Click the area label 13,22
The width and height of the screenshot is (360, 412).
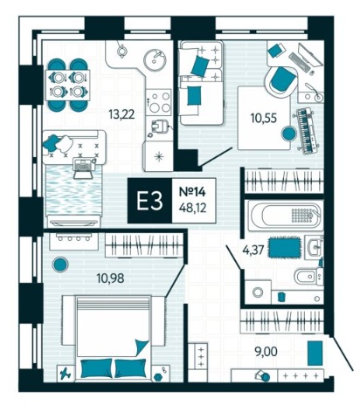[x=121, y=114]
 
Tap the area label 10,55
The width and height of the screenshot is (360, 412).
[x=264, y=118]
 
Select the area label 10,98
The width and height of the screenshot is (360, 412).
[x=111, y=278]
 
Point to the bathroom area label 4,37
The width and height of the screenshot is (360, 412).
[x=254, y=250]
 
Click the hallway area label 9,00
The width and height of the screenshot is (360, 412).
[x=266, y=352]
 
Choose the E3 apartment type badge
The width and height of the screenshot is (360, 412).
[x=149, y=201]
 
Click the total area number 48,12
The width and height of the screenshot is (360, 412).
[x=193, y=208]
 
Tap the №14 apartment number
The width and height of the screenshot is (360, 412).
[x=192, y=192]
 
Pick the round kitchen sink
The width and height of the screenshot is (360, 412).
[x=156, y=60]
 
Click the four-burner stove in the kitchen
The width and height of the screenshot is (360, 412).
[x=158, y=102]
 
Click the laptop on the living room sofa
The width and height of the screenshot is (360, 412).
[x=83, y=168]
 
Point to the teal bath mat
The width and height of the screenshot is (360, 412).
[x=285, y=247]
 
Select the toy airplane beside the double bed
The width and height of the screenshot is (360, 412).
[x=66, y=373]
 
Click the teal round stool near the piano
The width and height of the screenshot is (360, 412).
[x=288, y=134]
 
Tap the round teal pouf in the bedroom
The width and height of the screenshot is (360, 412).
[x=60, y=264]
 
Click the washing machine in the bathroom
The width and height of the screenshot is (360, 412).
[x=258, y=292]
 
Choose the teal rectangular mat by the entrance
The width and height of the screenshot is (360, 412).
[x=315, y=354]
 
